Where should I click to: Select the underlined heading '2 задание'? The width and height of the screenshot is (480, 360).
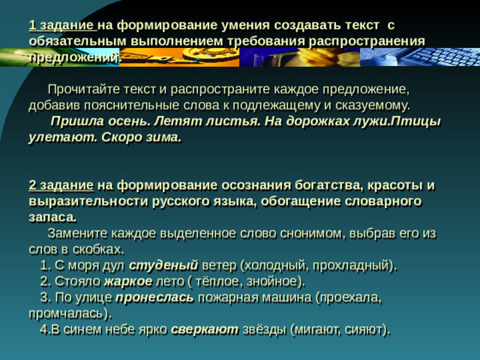[x=61, y=185]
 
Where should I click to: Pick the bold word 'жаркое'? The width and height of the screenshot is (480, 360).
[x=128, y=281]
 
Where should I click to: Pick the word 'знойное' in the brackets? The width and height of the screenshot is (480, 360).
[x=277, y=281]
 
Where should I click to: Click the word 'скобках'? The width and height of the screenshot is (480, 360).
[x=98, y=248]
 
